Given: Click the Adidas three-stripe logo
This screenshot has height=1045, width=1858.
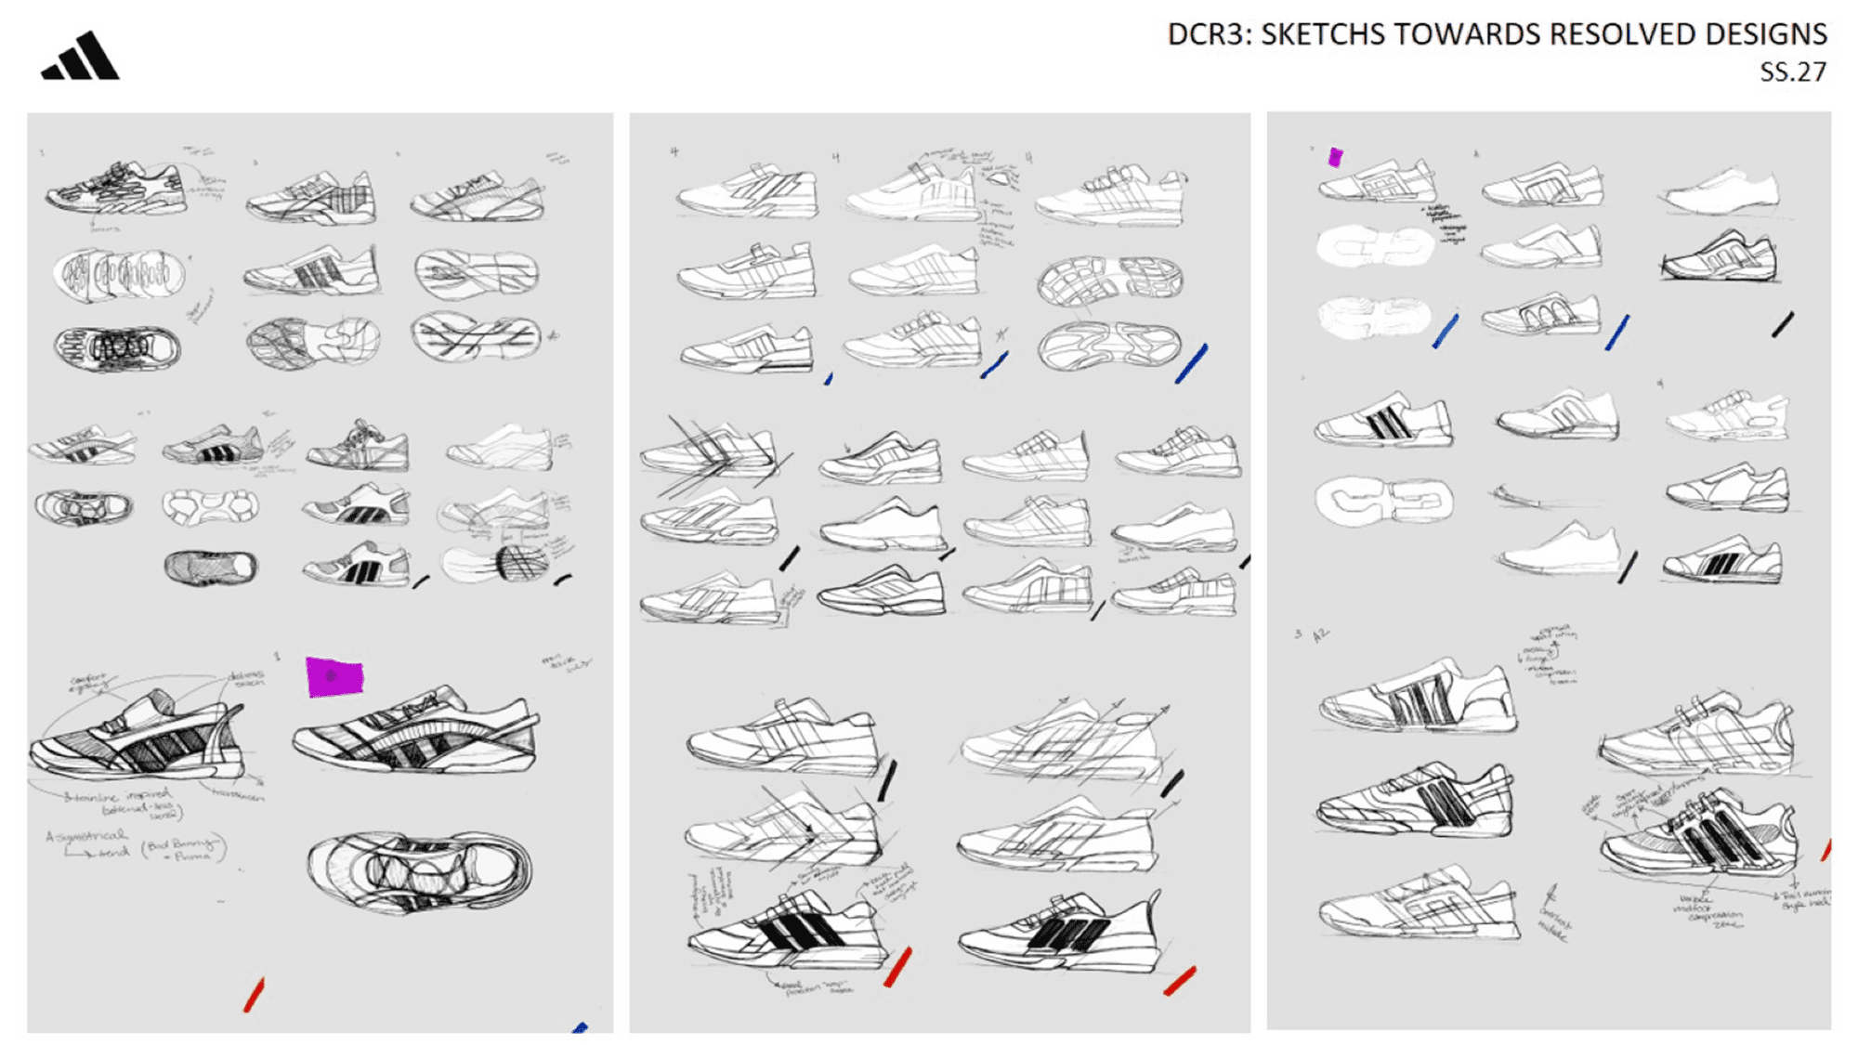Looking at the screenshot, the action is [x=81, y=58].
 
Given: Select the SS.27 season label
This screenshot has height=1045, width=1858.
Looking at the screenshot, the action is [x=1792, y=72].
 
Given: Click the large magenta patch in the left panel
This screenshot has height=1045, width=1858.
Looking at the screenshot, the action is [x=334, y=676].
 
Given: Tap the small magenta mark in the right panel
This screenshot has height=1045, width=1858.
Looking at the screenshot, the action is [x=1336, y=157].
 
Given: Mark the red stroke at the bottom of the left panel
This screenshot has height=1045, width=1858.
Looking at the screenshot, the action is [x=254, y=995].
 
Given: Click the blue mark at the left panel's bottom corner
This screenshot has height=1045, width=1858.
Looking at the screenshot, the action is [x=581, y=1027].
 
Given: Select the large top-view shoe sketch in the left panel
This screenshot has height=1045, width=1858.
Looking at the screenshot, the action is [x=420, y=871].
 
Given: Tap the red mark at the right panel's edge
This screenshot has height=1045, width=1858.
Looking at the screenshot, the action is [x=1825, y=848].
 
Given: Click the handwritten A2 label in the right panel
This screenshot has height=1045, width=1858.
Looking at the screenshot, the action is [x=1320, y=635].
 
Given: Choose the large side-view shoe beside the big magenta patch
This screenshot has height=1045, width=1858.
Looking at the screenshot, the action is [x=416, y=733].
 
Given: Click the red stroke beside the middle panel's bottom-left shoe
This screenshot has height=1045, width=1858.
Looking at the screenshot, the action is [x=897, y=967].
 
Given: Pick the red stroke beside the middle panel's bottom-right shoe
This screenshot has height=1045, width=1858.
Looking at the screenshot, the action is [x=1180, y=981].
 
